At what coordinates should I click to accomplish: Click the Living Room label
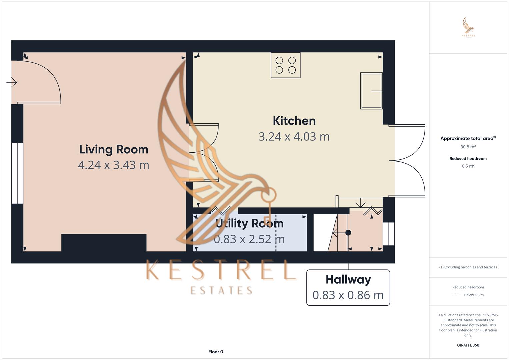coord(114,149)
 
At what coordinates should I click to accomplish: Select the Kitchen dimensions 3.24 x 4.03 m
coord(294,137)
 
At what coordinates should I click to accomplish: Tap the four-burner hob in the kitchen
coord(286,65)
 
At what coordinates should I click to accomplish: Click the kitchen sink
coord(371,91)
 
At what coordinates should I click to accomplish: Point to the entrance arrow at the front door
coord(12,82)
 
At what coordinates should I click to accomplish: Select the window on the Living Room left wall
coord(17,173)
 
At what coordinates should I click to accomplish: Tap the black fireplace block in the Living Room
coord(104,243)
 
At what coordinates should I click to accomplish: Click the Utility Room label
coord(249,223)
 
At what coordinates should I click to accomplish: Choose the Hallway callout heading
coord(348,279)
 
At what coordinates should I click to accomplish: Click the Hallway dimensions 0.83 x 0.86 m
coord(348,295)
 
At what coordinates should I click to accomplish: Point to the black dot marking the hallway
coord(348,233)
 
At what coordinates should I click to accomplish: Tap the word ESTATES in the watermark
coord(221,291)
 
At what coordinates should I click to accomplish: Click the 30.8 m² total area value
coord(468,147)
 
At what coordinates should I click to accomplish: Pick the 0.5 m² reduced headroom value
coord(468,166)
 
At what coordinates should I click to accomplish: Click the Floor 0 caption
coord(216,352)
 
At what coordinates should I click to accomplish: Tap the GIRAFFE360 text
coord(468,345)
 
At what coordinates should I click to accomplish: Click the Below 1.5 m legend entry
coord(473,295)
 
